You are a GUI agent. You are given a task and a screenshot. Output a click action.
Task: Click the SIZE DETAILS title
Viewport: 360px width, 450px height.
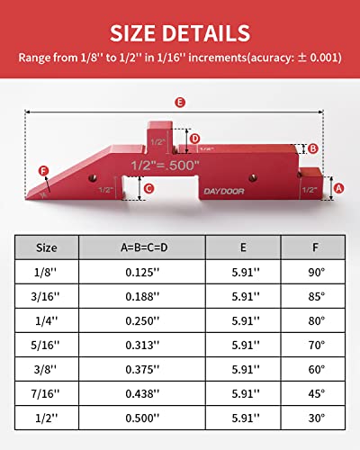point(180,33)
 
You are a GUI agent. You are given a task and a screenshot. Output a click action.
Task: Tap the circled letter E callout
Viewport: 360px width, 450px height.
point(181,103)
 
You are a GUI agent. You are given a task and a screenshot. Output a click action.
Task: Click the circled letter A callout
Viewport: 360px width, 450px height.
point(338,188)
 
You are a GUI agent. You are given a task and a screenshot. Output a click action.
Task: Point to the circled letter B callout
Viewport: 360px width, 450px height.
point(312,148)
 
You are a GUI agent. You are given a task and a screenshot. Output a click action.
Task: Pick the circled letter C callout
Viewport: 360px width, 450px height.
point(149,188)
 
